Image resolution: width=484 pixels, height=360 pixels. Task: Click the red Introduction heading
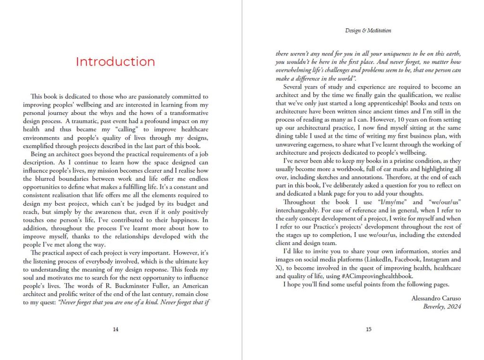pyautogui.click(x=115, y=62)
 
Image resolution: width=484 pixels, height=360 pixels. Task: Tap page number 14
pyautogui.click(x=115, y=330)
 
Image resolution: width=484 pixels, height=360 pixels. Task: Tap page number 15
pyautogui.click(x=369, y=330)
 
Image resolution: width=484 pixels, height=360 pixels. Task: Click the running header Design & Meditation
pyautogui.click(x=368, y=31)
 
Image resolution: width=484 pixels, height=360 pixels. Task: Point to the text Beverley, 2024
pyautogui.click(x=442, y=306)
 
